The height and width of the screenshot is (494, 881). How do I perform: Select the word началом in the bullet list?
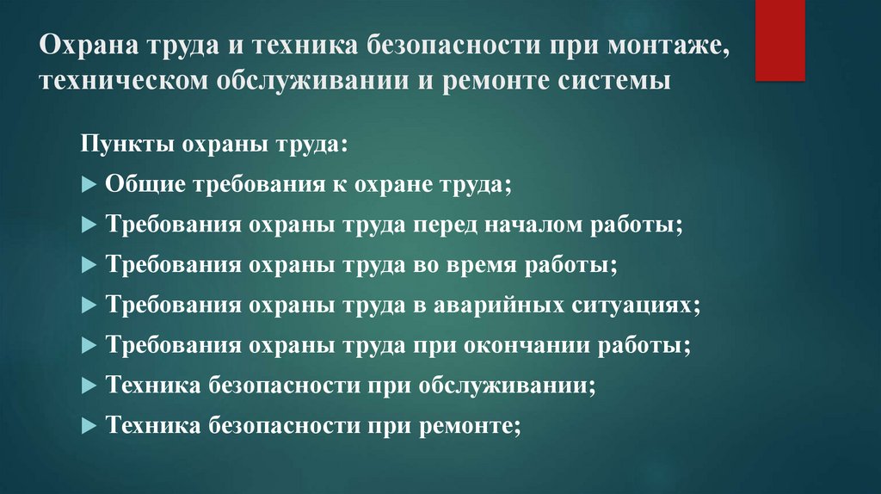538,225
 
